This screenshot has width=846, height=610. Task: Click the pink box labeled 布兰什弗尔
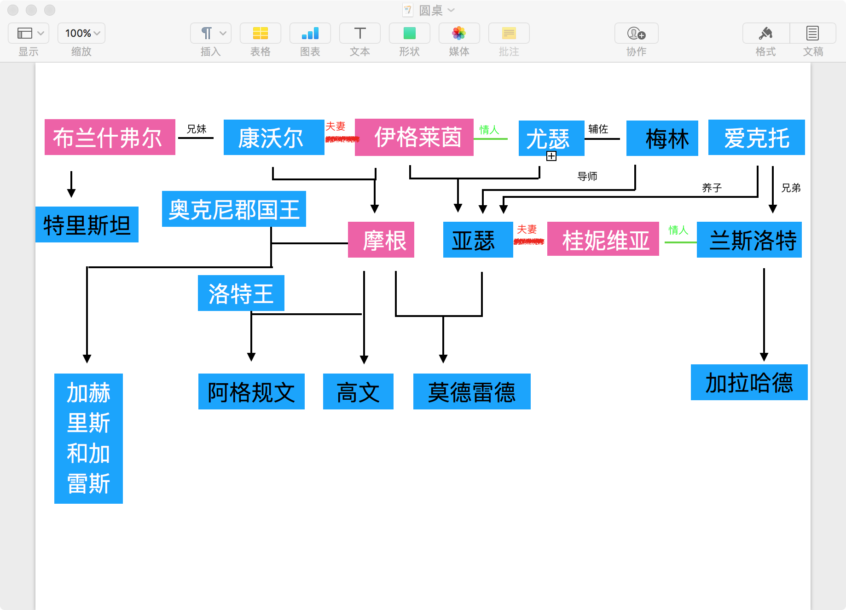[110, 137]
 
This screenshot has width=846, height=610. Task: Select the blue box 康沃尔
[273, 138]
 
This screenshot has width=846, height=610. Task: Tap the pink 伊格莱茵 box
[414, 137]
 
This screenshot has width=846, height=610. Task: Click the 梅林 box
[662, 138]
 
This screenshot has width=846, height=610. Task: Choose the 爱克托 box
[756, 137]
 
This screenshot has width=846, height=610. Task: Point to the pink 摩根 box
[381, 240]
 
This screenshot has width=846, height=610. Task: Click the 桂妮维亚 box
[603, 240]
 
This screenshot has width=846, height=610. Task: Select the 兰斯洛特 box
[749, 240]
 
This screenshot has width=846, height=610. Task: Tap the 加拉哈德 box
[749, 382]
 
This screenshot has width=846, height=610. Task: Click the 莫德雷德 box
[472, 391]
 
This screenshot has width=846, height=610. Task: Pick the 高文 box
[358, 391]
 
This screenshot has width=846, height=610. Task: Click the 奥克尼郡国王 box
[234, 209]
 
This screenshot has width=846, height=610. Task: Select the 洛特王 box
[241, 293]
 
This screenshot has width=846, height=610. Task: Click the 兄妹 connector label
[196, 129]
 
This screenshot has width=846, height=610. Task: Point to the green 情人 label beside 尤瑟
[489, 130]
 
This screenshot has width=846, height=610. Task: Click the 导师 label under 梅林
[587, 176]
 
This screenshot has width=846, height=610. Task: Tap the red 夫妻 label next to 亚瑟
[527, 229]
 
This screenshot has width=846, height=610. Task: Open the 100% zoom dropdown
[81, 34]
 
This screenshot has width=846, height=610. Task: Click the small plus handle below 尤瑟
[551, 156]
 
